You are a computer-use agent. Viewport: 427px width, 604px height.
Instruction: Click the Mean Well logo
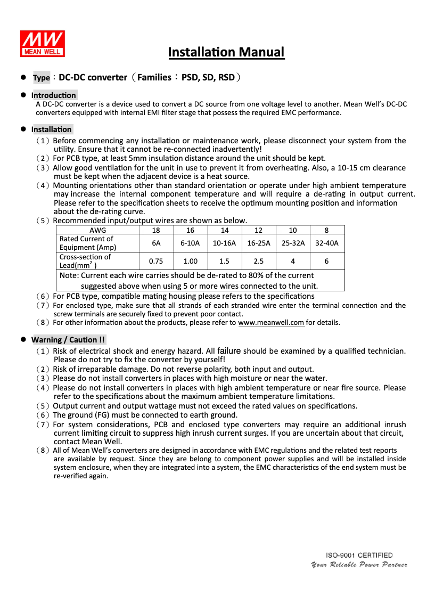[43, 43]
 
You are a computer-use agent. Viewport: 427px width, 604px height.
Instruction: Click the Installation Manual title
[226, 52]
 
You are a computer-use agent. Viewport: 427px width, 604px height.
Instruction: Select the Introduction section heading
[54, 95]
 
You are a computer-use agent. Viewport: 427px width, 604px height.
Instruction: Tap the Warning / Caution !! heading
[68, 340]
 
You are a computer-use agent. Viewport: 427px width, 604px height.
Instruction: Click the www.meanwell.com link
[271, 322]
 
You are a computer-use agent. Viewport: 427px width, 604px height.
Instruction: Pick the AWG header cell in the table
[97, 230]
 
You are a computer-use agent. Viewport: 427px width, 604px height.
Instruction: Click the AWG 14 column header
[224, 230]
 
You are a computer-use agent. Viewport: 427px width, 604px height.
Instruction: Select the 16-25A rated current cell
[258, 243]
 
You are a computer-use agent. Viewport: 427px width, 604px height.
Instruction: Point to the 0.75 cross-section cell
[156, 261]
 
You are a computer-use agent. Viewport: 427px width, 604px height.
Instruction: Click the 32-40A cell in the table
[326, 243]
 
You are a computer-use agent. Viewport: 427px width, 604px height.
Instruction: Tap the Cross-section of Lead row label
[85, 261]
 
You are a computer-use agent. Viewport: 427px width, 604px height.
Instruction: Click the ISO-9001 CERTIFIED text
[359, 555]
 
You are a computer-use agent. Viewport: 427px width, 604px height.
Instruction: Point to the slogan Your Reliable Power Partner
[359, 565]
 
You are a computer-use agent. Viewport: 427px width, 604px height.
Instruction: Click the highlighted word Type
[42, 78]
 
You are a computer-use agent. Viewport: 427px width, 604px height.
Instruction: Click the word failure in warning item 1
[229, 351]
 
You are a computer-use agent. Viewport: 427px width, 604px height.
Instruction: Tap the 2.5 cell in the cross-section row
[258, 261]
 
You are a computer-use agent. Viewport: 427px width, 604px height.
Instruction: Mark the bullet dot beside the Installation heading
[23, 129]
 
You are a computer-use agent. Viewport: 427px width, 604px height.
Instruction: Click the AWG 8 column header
[326, 230]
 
